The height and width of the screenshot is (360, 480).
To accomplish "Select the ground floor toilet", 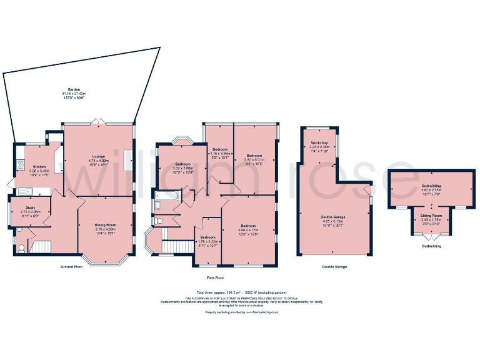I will (x=22, y=248).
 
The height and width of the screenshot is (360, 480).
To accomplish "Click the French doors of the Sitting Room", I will (x=428, y=236).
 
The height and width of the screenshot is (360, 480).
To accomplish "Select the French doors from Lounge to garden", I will (x=97, y=121).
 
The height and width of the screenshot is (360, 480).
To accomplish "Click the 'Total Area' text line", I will (x=240, y=292).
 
